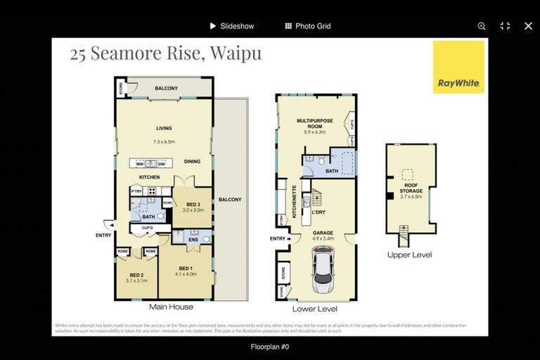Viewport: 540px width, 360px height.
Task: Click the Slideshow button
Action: [x=231, y=26]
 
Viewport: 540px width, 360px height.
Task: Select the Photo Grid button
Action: [x=307, y=26]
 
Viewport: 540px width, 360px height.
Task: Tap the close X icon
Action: [x=528, y=26]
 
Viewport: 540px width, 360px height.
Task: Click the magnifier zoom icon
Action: [x=482, y=26]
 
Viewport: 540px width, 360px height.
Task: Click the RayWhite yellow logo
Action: [x=458, y=67]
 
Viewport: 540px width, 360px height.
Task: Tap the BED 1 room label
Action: [x=186, y=269]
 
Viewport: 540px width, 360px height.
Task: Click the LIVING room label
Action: [x=164, y=129]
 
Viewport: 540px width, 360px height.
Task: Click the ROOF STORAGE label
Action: [x=411, y=188]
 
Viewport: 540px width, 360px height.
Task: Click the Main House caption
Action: [x=171, y=307]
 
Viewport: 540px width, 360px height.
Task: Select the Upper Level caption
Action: [x=409, y=255]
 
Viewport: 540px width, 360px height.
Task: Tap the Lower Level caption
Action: [x=314, y=309]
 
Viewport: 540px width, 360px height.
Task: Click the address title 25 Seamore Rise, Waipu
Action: [x=165, y=54]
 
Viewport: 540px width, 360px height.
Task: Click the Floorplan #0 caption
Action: [x=270, y=347]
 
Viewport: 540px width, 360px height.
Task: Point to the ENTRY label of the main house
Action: [x=103, y=235]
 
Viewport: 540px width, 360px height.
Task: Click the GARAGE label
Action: [x=323, y=233]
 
